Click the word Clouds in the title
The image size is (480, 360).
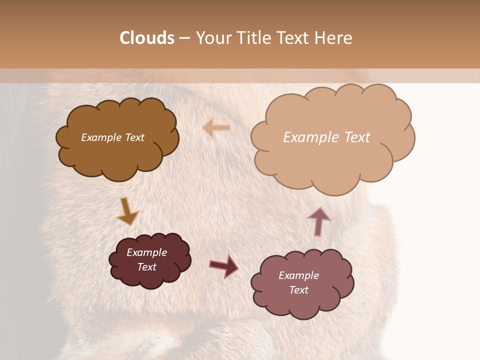[x=147, y=38]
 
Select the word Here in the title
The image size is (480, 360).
[x=335, y=38]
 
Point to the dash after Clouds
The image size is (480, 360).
[x=184, y=38]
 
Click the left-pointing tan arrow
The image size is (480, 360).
[x=216, y=128]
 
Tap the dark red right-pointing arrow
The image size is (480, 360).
[x=223, y=266]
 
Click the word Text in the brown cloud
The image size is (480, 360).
[x=134, y=137]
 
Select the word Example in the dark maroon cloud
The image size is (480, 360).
[x=146, y=252]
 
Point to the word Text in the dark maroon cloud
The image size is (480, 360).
[x=146, y=267]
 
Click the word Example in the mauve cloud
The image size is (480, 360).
[x=298, y=275]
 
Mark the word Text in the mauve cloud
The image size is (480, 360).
[x=298, y=290]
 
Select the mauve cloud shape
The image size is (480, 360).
[x=330, y=295]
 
